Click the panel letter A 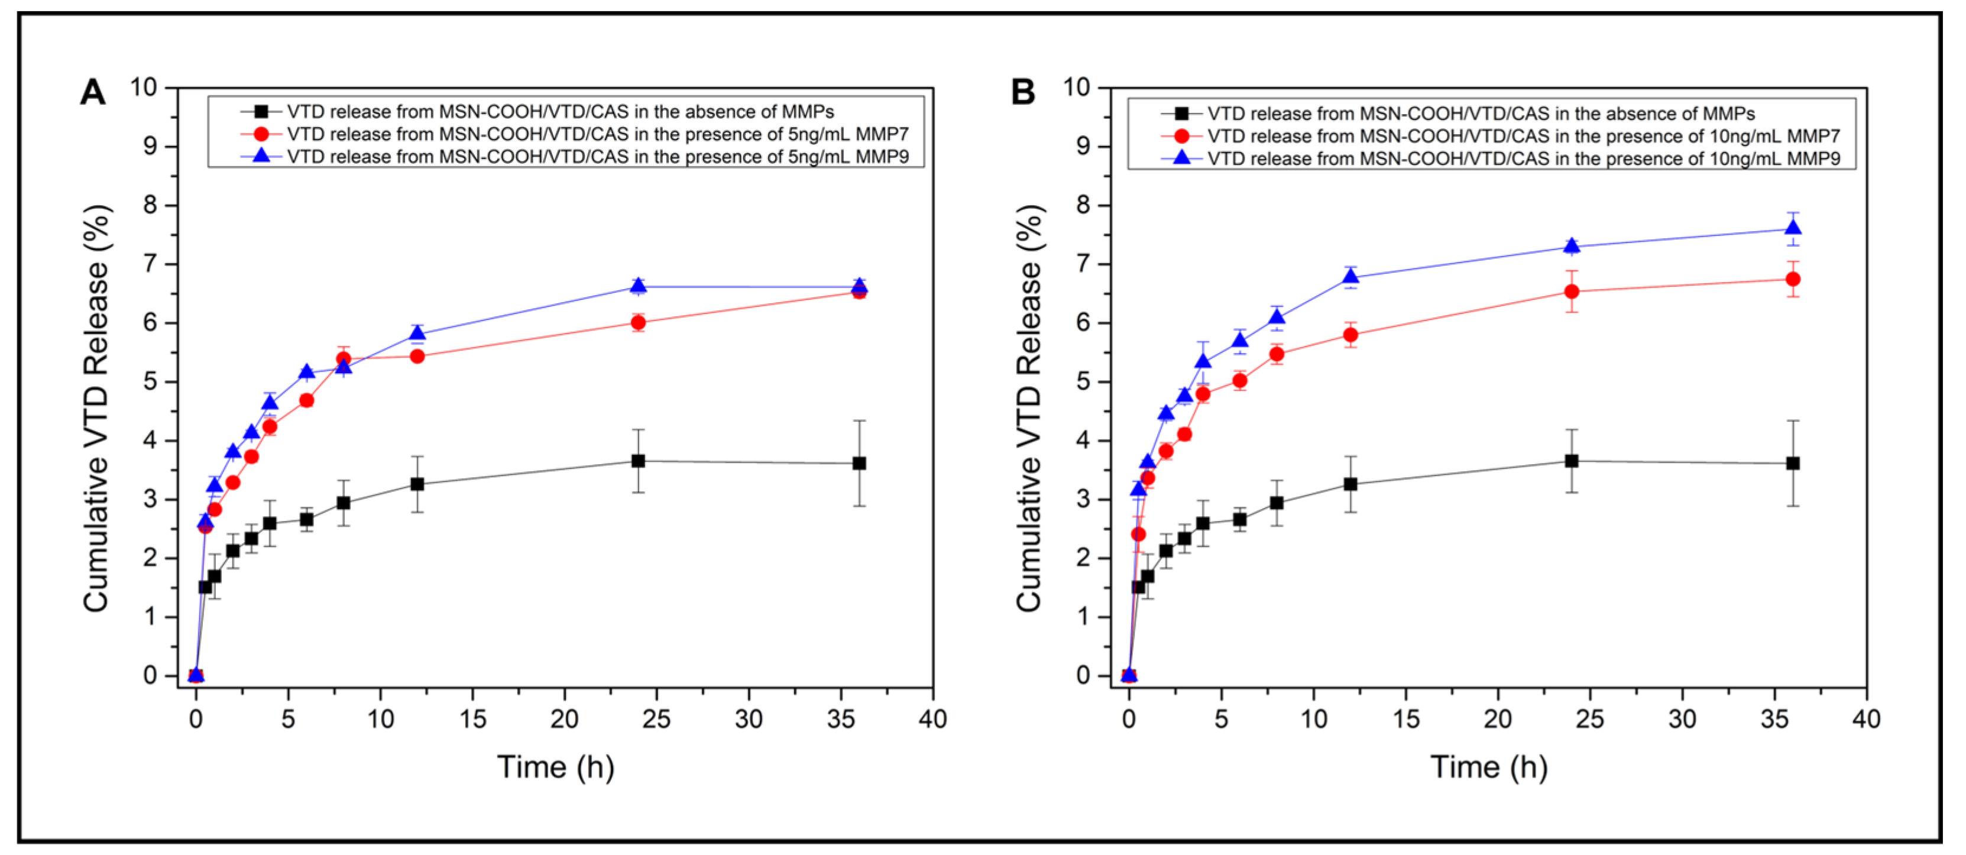(92, 92)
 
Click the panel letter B (1023, 92)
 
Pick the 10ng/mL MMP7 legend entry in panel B (1523, 136)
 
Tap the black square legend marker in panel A (261, 111)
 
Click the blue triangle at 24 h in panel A (638, 286)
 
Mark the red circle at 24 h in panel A (638, 323)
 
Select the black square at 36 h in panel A (859, 464)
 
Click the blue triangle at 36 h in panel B (1793, 228)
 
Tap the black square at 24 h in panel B (1572, 461)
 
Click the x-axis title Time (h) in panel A (556, 766)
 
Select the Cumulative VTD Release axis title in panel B (1029, 409)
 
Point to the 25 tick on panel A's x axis (656, 719)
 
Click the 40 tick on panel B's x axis (1866, 719)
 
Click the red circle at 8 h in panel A (344, 359)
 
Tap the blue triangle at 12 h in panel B (1350, 277)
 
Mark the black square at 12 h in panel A (417, 484)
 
